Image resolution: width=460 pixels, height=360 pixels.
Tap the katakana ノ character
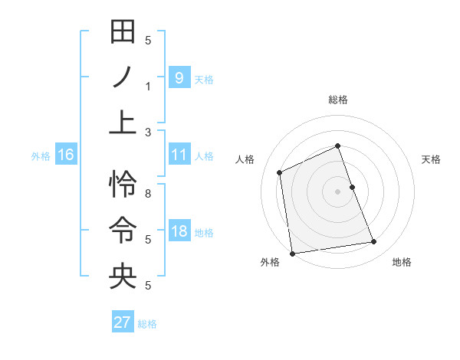coord(123,77)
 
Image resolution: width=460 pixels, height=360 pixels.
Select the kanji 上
coord(123,123)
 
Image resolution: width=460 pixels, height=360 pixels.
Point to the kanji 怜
coord(123,184)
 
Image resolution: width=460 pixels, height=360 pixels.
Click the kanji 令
coord(123,230)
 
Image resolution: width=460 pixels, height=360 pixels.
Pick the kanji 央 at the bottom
coord(123,276)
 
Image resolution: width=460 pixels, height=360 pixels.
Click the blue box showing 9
coord(179,77)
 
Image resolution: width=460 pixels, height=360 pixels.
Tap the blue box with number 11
coord(179,155)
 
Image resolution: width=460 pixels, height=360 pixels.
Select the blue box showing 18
coord(179,231)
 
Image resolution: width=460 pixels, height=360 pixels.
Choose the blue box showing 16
coord(66,155)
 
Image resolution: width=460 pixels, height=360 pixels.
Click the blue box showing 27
coord(122,322)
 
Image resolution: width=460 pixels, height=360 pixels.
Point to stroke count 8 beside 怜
coord(148,193)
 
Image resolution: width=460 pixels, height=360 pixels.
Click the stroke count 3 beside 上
coord(148,132)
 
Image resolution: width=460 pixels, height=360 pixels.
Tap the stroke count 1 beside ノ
coord(148,86)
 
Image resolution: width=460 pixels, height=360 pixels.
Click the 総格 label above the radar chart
coord(337,100)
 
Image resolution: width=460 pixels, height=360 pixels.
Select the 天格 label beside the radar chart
coord(431,159)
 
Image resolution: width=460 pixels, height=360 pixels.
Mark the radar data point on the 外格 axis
coord(292,253)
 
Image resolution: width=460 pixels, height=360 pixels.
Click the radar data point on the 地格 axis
coord(374,242)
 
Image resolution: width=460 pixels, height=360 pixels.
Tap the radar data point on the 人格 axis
coord(280,172)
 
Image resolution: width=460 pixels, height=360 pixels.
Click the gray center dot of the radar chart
coord(337,191)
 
